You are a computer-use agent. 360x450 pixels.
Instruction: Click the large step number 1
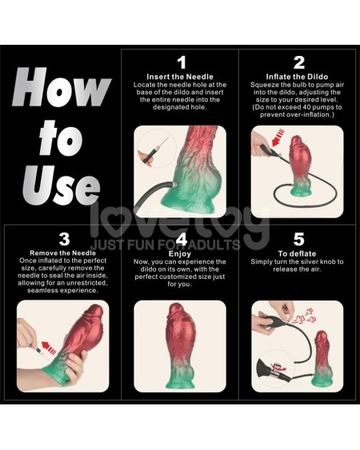tap(181, 62)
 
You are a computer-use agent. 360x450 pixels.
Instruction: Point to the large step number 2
tap(298, 62)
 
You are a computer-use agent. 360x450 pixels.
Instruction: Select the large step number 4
tap(181, 239)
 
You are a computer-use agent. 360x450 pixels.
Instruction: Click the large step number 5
tap(298, 239)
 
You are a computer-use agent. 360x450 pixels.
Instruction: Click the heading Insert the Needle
tap(181, 76)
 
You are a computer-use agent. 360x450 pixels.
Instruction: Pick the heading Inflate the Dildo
tap(298, 76)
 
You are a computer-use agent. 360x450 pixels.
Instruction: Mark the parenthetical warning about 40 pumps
tap(298, 110)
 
